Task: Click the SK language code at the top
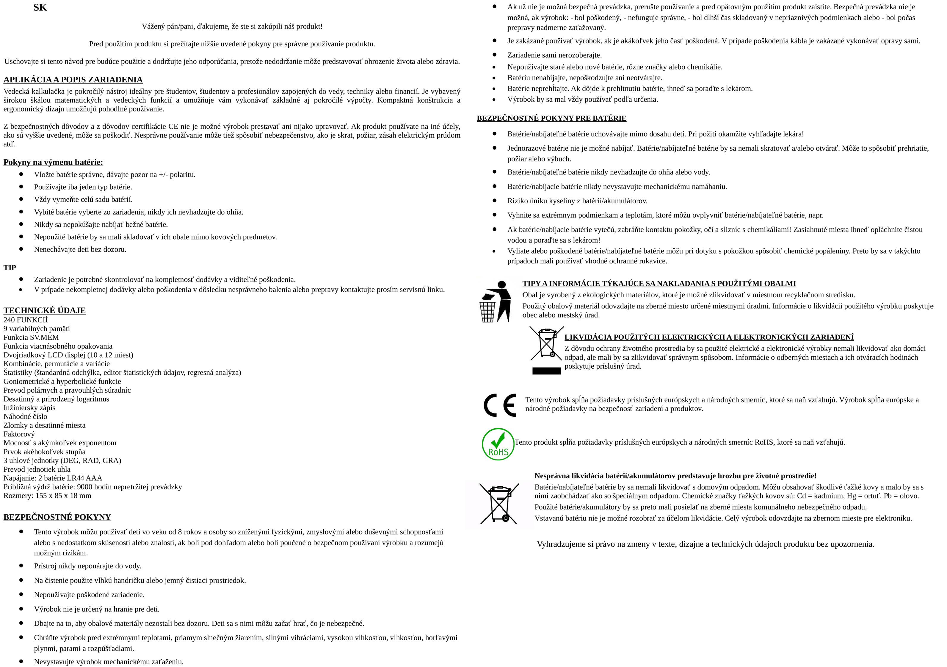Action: (x=40, y=7)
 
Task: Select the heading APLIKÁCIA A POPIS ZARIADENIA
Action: (x=73, y=80)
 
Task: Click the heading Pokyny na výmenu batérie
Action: (x=53, y=162)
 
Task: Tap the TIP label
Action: (x=10, y=268)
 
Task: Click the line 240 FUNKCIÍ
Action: (x=26, y=320)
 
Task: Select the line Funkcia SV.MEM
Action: (x=31, y=337)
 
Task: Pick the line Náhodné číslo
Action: (x=26, y=416)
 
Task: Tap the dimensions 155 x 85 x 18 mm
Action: (x=64, y=495)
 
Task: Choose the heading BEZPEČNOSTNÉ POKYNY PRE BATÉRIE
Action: (x=551, y=118)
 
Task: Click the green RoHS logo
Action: (x=498, y=444)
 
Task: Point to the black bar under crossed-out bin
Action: (x=546, y=371)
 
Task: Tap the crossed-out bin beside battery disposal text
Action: (x=499, y=504)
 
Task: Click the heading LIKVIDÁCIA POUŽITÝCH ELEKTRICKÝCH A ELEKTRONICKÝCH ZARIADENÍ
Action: (x=708, y=337)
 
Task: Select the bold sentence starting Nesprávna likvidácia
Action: (x=675, y=476)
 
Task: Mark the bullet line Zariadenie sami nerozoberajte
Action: (x=554, y=55)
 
